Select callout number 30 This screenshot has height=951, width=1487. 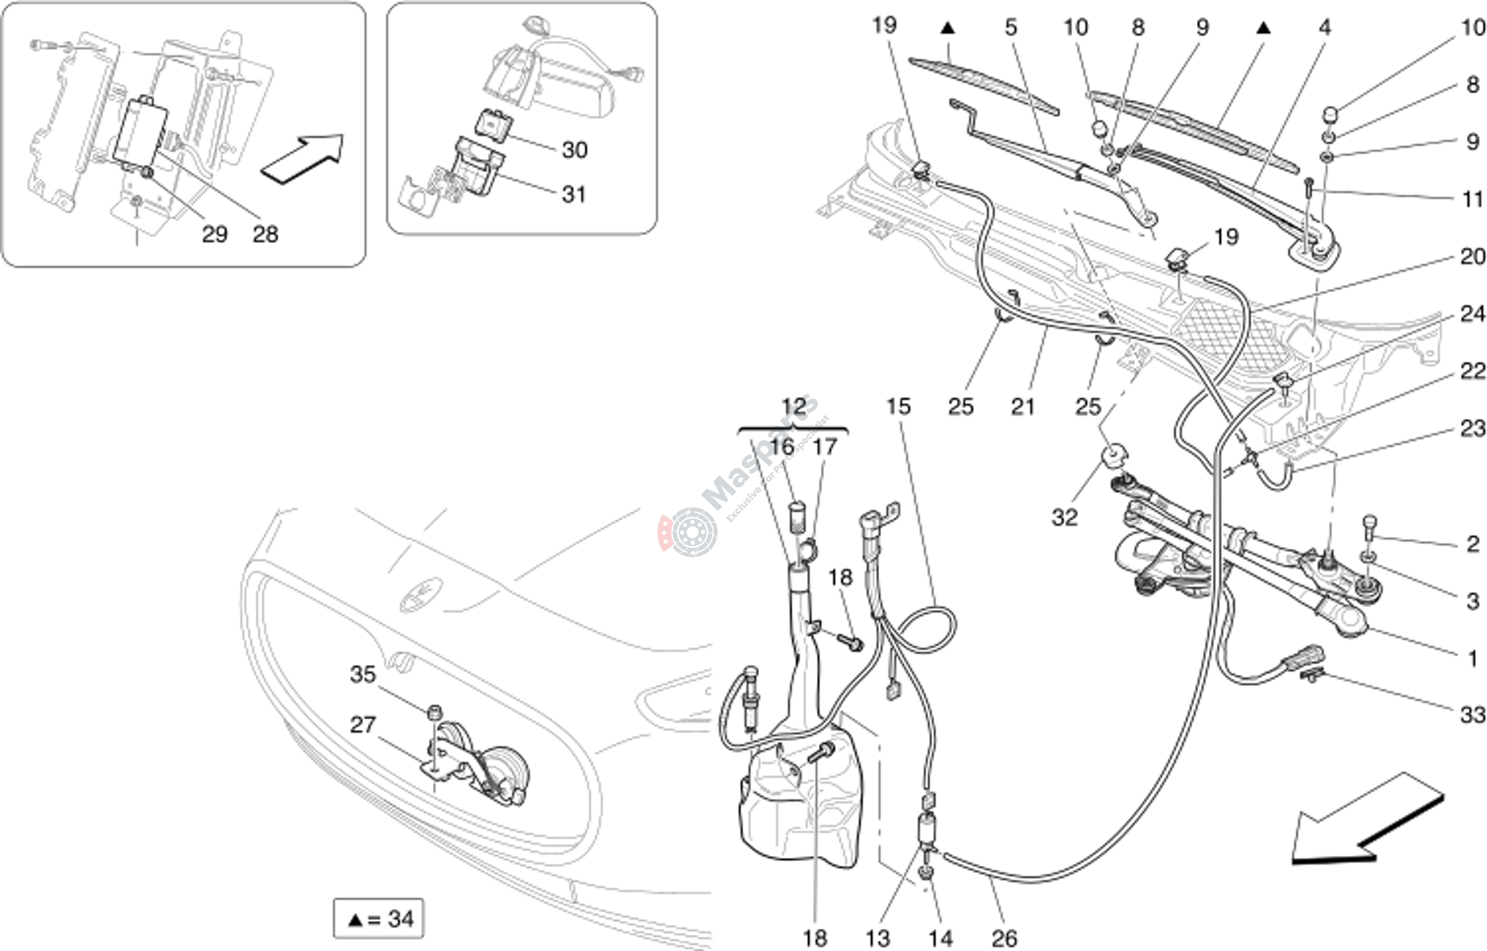click(x=574, y=150)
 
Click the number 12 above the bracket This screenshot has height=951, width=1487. click(x=794, y=406)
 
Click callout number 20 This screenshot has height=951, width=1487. click(x=1472, y=256)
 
